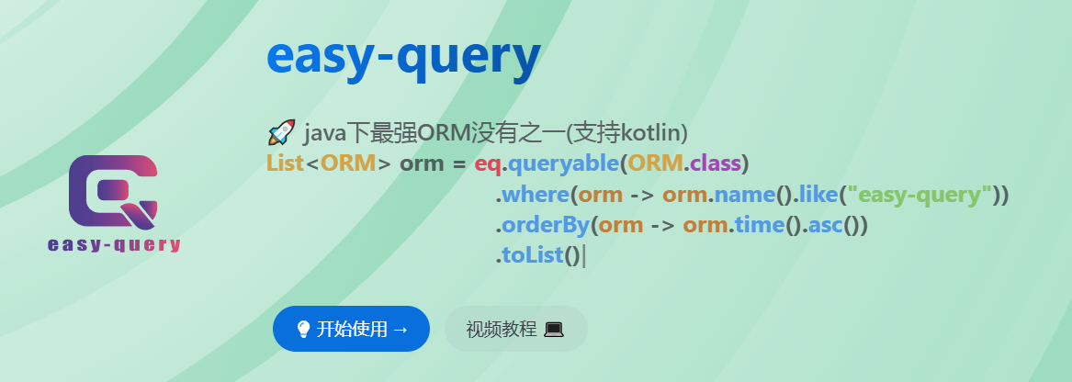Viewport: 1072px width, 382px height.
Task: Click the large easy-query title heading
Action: coord(402,58)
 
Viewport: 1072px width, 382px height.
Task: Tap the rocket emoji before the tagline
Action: coord(280,133)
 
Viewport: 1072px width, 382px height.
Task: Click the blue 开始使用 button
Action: coord(351,329)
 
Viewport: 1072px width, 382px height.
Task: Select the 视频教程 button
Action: coord(515,329)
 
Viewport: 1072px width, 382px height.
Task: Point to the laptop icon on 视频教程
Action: coord(553,329)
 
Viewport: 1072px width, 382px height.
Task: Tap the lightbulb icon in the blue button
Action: coord(303,329)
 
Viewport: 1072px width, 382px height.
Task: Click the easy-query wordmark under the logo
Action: coord(113,245)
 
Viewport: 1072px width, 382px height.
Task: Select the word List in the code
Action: coord(285,164)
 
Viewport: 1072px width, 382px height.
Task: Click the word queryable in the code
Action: coord(561,164)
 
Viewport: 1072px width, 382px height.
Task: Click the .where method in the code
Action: coord(532,195)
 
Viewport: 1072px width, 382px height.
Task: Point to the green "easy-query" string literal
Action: coord(920,195)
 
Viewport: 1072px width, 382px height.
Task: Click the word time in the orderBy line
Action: coord(759,225)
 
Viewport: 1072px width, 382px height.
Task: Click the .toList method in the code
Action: coord(530,255)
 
